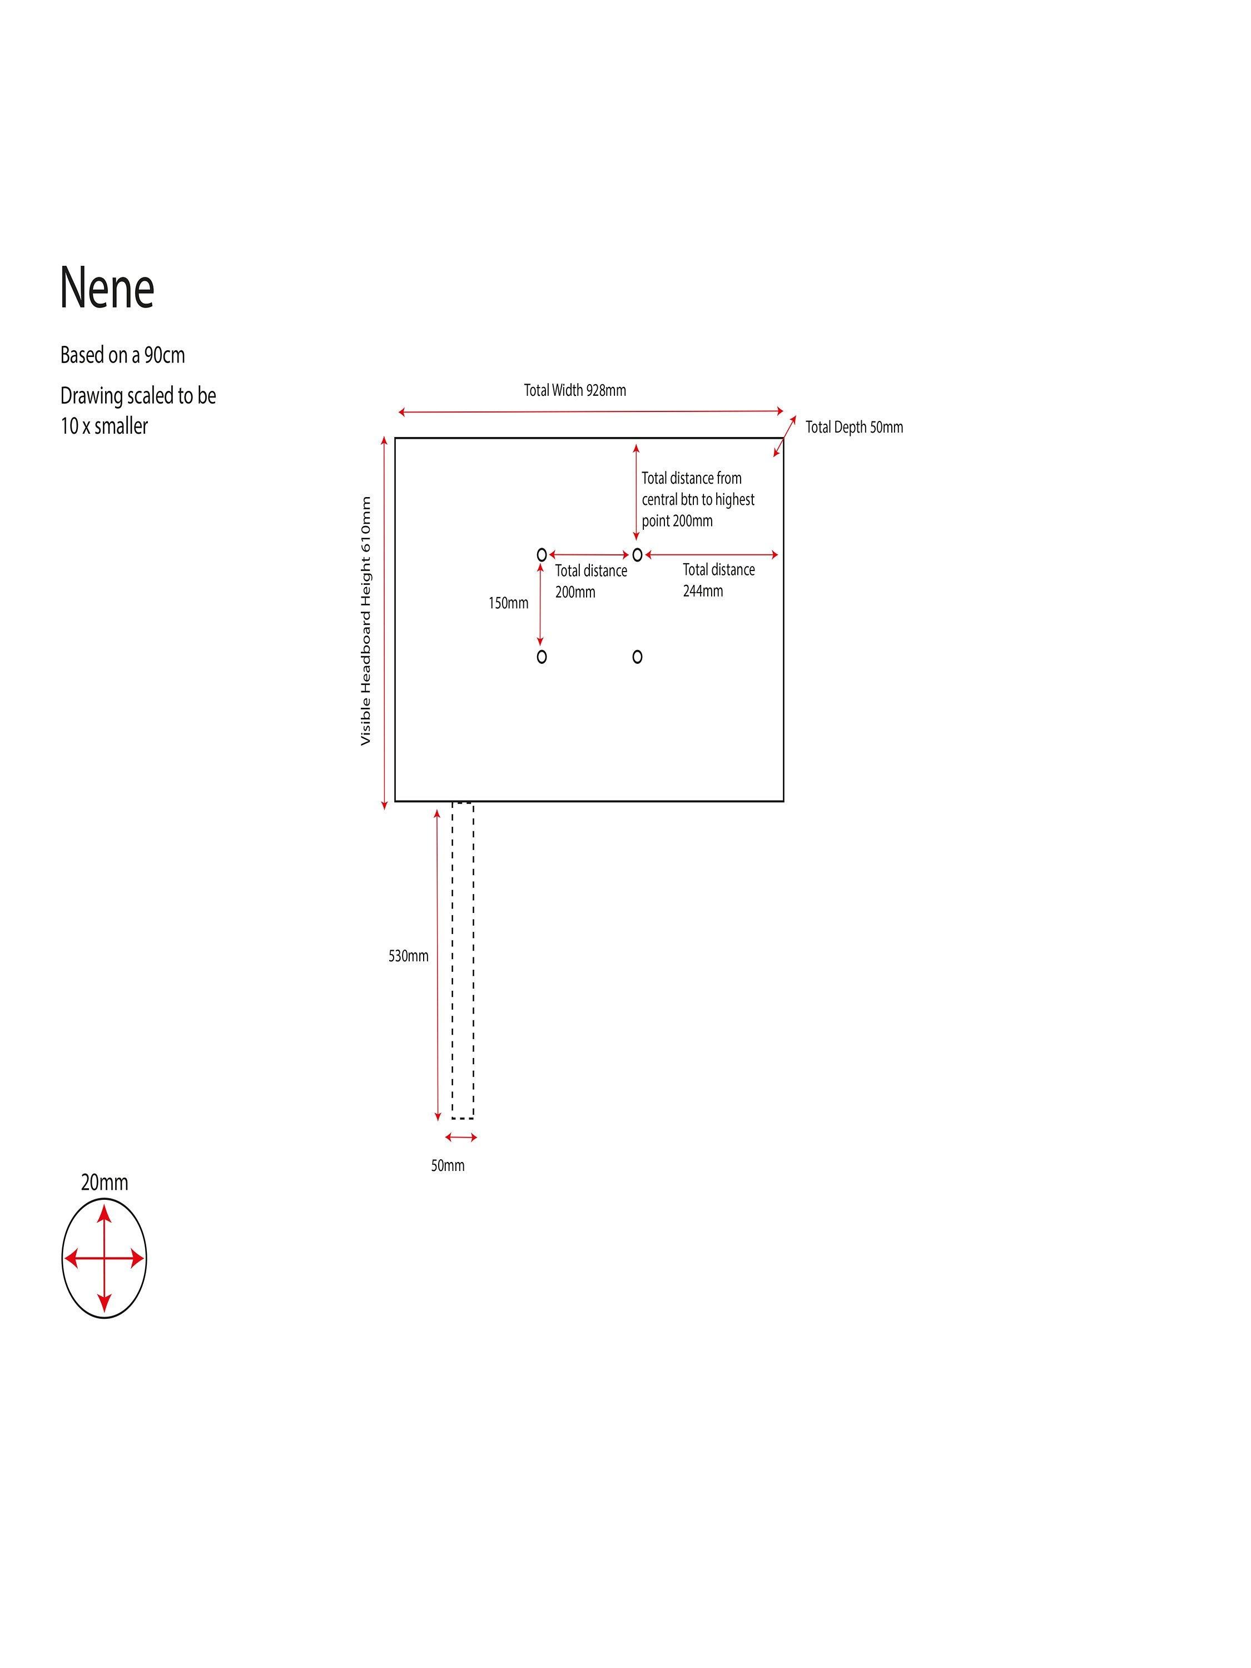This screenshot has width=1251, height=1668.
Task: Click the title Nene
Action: (x=107, y=287)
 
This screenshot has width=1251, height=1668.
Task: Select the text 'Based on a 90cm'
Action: (x=122, y=355)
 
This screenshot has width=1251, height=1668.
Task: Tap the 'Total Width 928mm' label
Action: (x=574, y=390)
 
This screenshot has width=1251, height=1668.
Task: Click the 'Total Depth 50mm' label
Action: (x=853, y=427)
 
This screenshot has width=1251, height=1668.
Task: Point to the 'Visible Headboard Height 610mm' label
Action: (x=366, y=620)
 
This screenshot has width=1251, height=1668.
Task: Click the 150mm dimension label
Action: (x=508, y=603)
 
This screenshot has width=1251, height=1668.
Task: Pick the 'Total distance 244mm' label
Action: (x=718, y=580)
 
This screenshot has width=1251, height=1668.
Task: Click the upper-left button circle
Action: (x=542, y=555)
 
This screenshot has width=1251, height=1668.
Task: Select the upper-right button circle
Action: (x=637, y=555)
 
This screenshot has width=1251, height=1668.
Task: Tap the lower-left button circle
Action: (x=542, y=657)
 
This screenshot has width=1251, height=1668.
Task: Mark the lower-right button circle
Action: (x=637, y=657)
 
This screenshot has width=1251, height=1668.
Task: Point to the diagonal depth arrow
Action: (x=784, y=436)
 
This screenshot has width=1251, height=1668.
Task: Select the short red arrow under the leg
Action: (x=461, y=1137)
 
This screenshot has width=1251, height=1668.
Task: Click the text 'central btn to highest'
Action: (x=698, y=499)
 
